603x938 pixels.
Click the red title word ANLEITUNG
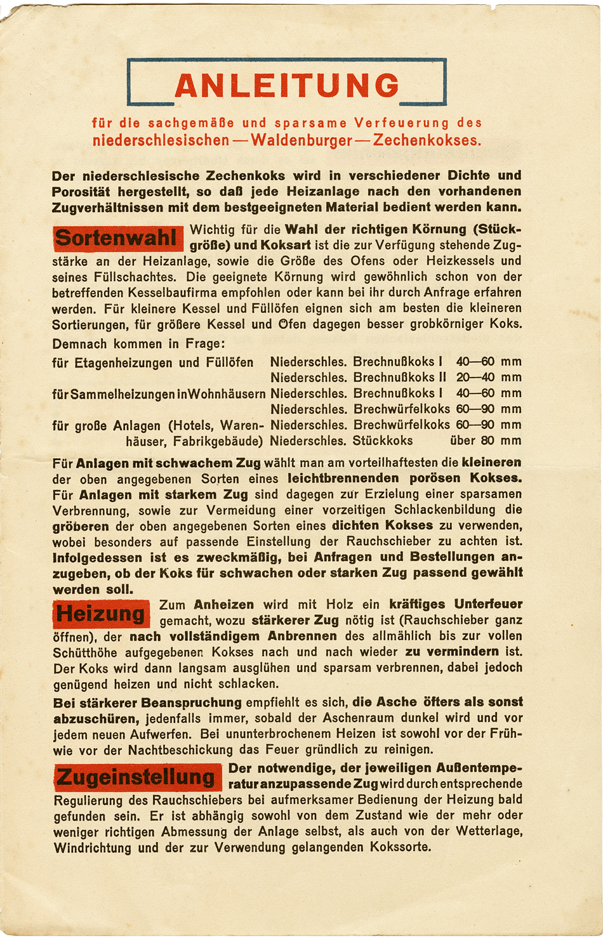287,86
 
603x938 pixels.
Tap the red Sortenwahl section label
117,239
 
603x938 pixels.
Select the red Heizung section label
101,614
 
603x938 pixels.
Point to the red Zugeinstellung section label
137,777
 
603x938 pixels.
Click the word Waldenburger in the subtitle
301,140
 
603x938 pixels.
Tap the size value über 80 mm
486,440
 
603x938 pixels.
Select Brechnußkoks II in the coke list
400,378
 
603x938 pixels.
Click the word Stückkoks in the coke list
383,440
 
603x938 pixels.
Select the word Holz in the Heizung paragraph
340,604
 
